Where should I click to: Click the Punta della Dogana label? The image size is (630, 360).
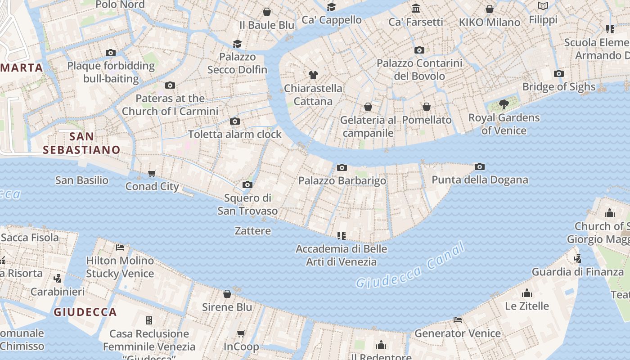[x=480, y=180]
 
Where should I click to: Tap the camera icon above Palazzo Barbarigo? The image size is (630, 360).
[x=342, y=168]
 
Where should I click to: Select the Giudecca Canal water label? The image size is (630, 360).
[x=409, y=265]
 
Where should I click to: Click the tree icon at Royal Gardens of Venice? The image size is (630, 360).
[x=504, y=105]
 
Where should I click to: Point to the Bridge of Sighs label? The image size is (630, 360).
[x=559, y=86]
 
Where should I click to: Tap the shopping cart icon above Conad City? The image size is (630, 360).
[x=152, y=174]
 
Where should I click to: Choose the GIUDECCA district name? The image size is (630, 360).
[x=85, y=312]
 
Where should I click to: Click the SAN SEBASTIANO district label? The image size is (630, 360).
[x=82, y=143]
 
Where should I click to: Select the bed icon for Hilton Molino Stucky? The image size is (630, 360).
[x=120, y=247]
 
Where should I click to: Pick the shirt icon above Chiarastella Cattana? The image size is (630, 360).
[x=313, y=75]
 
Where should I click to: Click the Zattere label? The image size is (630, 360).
[x=253, y=231]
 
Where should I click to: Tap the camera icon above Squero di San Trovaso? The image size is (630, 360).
[x=247, y=185]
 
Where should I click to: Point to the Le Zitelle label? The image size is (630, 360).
[x=527, y=306]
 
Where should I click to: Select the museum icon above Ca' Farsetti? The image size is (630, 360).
[x=416, y=9]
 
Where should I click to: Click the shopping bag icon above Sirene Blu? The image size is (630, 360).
[x=227, y=294]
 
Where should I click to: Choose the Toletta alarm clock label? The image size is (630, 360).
[x=234, y=134]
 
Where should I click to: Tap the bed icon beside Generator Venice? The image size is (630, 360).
[x=458, y=320]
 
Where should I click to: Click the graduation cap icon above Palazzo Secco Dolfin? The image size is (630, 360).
[x=237, y=44]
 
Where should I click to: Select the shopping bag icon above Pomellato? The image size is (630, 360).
[x=427, y=107]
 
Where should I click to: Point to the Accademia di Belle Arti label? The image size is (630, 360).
[x=342, y=255]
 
